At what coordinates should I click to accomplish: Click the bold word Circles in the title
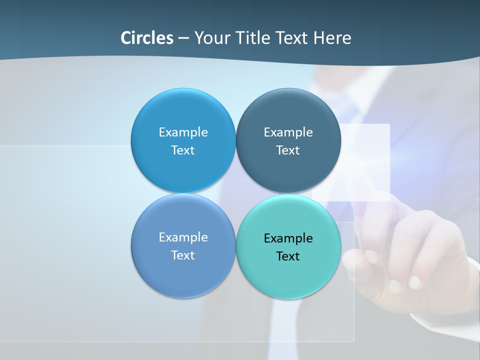(147, 38)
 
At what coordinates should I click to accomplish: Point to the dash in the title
(183, 38)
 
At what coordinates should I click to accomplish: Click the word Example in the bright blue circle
(183, 132)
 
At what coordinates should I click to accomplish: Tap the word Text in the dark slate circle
(288, 150)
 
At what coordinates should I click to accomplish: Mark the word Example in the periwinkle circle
(183, 237)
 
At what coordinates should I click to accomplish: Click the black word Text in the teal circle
(288, 256)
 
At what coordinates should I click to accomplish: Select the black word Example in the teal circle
(288, 238)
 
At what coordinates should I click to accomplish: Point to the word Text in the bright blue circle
(183, 150)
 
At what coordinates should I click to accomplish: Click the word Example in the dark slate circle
(288, 132)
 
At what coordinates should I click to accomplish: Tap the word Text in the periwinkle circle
(183, 255)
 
